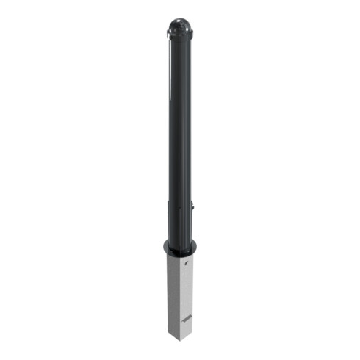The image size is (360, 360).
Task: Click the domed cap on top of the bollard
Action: [179, 28]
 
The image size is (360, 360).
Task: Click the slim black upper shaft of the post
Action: [179, 110]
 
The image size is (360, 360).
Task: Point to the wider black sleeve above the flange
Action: [179, 220]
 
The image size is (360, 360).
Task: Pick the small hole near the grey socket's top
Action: [188, 263]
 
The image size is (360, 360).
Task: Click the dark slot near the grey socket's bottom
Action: [189, 317]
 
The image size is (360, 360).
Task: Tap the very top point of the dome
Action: [179, 19]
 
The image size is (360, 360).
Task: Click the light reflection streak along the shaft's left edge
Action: [170, 110]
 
